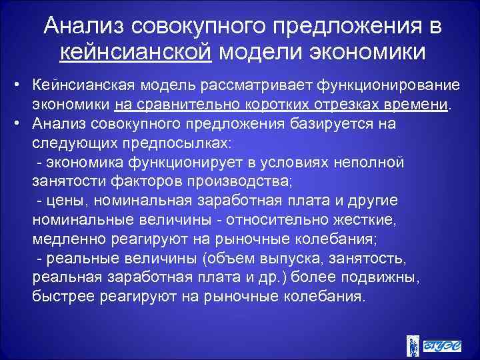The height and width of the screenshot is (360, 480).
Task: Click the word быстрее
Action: point(61,295)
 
